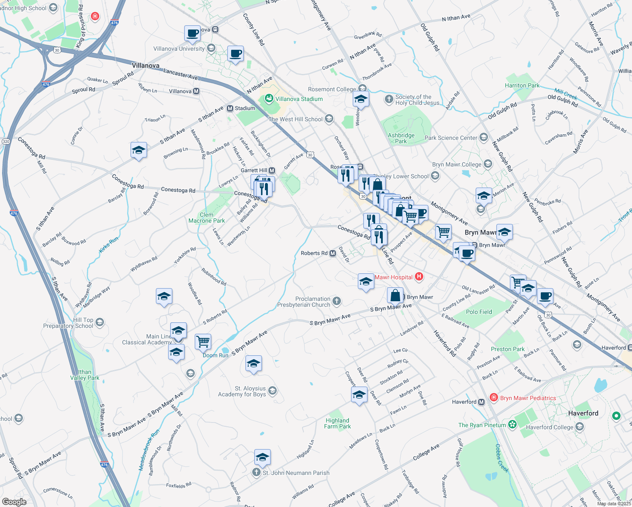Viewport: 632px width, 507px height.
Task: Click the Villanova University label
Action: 179,49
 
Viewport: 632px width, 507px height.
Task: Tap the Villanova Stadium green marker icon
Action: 269,99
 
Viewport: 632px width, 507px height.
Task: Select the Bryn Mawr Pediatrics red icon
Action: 493,398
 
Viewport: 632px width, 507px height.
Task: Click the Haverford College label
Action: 549,427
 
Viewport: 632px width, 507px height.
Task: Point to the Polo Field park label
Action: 479,312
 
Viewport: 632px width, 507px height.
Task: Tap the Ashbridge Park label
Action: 401,138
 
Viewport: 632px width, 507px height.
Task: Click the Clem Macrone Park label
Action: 207,218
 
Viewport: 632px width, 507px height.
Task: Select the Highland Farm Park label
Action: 338,423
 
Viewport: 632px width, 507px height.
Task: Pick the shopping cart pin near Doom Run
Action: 203,341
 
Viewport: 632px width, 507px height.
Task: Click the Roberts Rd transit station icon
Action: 333,253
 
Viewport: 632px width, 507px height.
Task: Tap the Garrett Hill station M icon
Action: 272,170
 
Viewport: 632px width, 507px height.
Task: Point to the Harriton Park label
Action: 522,85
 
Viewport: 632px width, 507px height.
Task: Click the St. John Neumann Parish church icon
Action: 256,473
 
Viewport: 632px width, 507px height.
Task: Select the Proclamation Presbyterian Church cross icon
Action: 337,301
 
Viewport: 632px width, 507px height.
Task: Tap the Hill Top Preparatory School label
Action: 68,323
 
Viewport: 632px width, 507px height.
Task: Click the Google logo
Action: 14,502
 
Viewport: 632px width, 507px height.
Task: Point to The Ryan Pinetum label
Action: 482,425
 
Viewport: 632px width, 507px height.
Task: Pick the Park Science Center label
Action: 451,138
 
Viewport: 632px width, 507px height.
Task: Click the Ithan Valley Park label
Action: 84,375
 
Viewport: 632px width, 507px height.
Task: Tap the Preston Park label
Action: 507,349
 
